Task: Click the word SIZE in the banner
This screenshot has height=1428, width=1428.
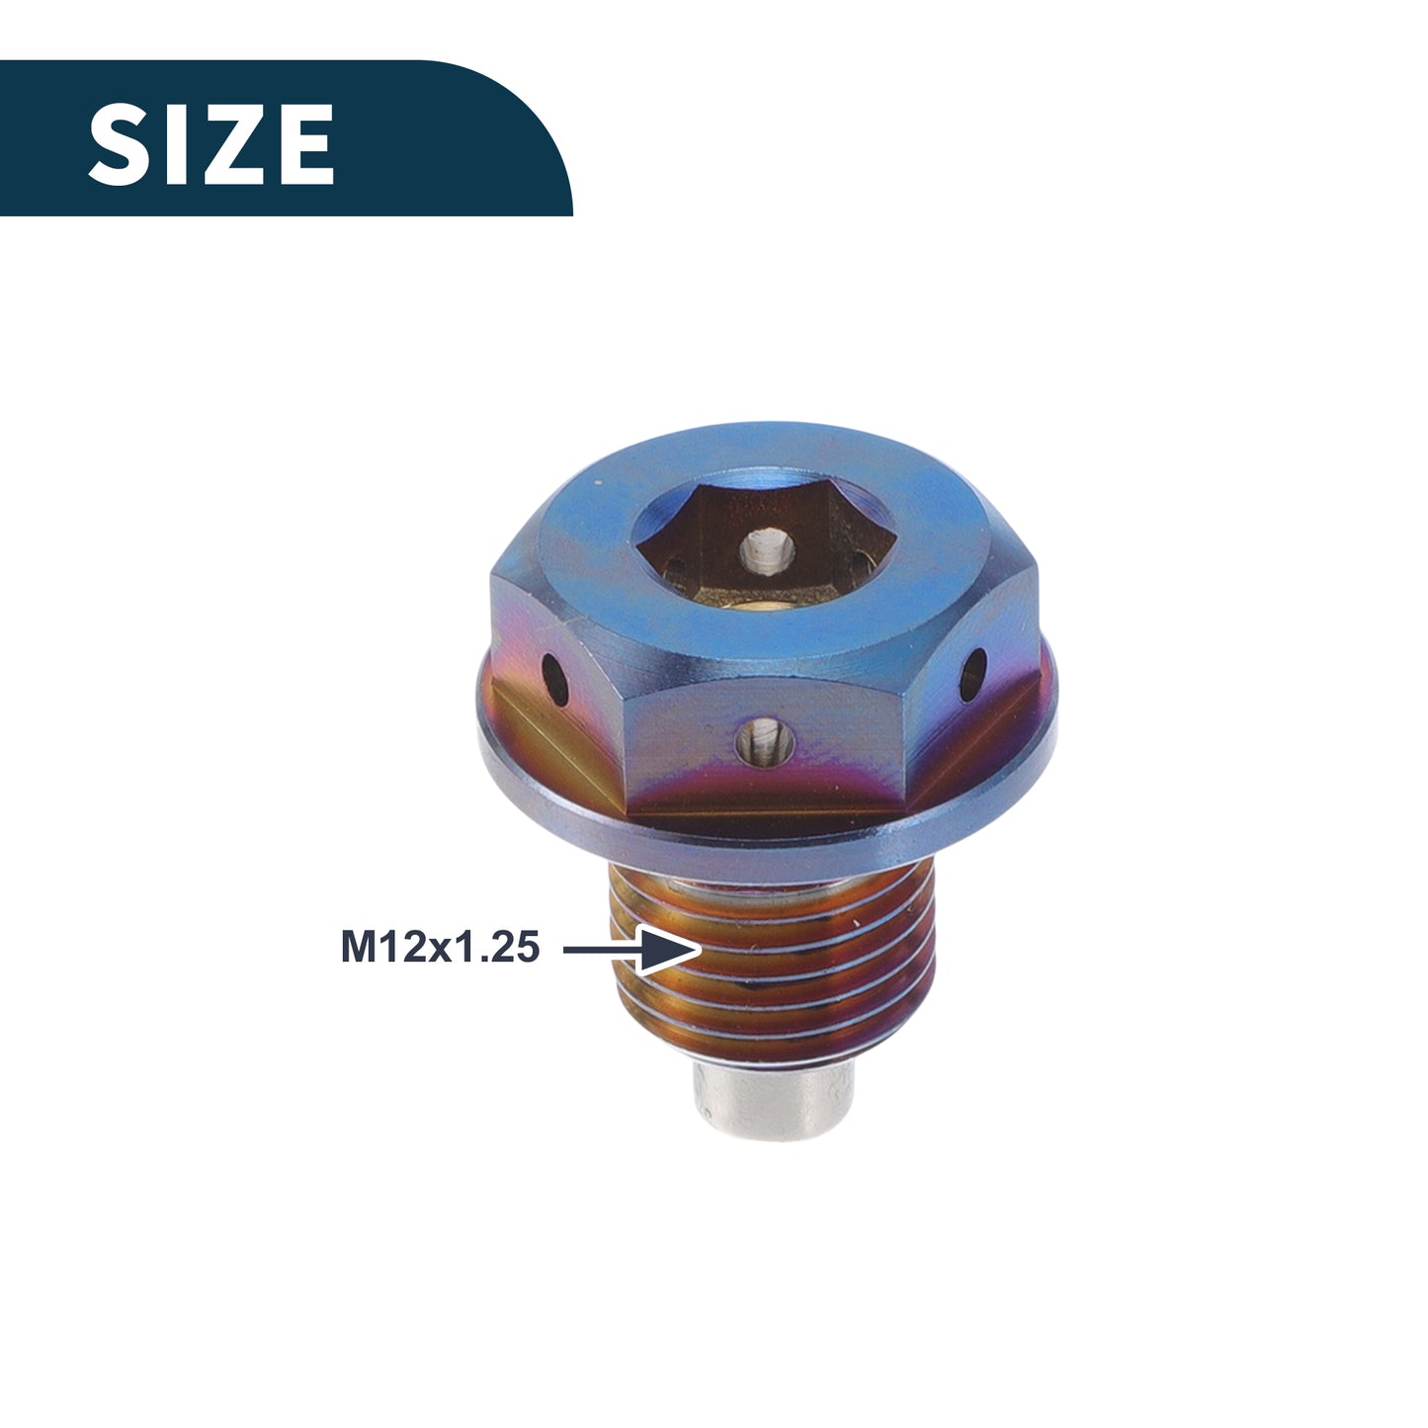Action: click(x=211, y=143)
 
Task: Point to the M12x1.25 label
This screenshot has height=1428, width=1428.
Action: click(x=440, y=948)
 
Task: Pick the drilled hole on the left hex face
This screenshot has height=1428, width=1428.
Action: click(x=555, y=680)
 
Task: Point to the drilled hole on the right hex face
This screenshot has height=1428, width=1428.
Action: click(x=973, y=675)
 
